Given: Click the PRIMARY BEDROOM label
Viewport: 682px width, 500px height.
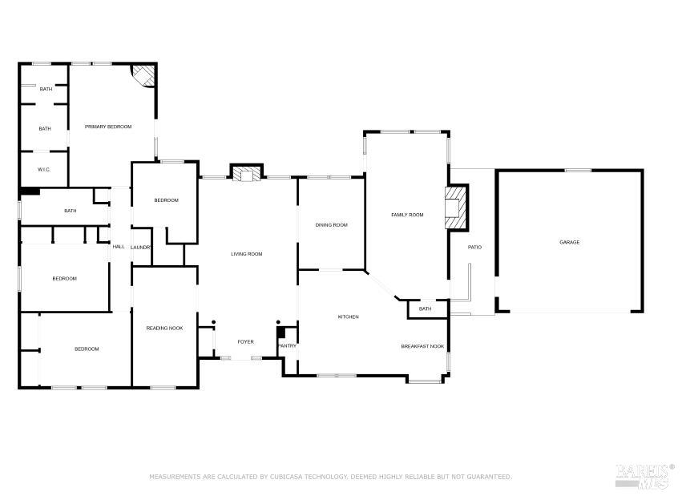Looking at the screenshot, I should click(108, 127).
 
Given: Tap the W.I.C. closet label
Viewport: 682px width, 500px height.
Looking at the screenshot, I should click(45, 169).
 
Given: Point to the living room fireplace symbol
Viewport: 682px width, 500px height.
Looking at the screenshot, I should click(246, 174).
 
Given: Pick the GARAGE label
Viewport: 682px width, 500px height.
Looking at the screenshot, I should click(569, 242).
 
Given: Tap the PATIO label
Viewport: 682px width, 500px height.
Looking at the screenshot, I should click(474, 246).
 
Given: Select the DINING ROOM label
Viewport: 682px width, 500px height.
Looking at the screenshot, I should click(331, 225).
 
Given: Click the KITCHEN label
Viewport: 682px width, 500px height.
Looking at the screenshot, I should click(348, 317).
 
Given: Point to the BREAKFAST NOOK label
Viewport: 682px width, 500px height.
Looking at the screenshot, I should click(422, 346).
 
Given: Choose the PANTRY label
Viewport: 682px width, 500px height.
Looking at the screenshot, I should click(287, 346).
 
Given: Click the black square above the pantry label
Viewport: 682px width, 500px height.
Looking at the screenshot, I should click(280, 333).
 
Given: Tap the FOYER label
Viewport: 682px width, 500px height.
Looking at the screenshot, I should click(245, 342).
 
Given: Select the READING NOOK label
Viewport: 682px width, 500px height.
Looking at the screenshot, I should click(163, 328).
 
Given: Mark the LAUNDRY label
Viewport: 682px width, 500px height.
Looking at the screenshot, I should click(141, 247).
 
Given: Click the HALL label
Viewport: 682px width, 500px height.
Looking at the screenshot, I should click(119, 247).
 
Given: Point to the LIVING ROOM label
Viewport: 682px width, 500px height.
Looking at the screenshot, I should click(247, 254).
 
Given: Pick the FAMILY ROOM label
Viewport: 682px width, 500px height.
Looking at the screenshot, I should click(406, 215).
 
